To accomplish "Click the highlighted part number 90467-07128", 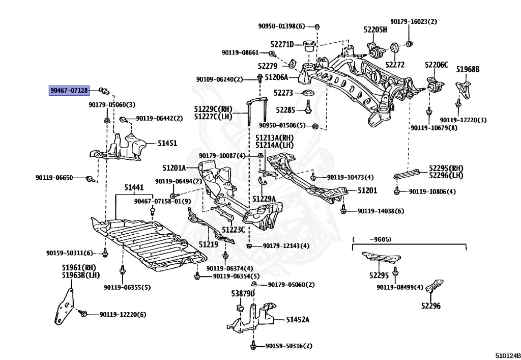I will (x=69, y=91).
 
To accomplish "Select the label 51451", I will (x=167, y=144).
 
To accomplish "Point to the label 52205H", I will (x=375, y=30).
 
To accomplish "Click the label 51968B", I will (x=468, y=69).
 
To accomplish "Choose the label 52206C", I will (x=437, y=65).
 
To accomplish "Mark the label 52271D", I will (x=282, y=44).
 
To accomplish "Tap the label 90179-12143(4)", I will (x=286, y=246).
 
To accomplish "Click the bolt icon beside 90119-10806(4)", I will (x=397, y=191).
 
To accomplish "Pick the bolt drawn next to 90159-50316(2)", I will (x=252, y=346).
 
